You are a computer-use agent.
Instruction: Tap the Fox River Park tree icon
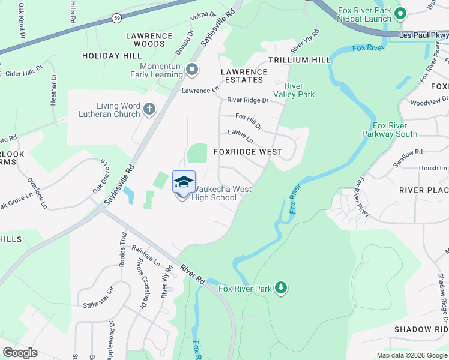pos(280,289)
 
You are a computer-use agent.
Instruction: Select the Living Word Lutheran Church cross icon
pos(149,109)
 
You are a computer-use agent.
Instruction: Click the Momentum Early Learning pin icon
pos(192,70)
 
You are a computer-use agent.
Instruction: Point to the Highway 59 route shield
pos(116,20)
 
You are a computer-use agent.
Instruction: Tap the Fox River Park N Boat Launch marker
pos(400,13)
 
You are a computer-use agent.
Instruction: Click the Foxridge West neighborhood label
pos(248,152)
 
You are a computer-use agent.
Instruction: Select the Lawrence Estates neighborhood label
pos(243,76)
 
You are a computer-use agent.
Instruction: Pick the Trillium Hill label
pos(299,61)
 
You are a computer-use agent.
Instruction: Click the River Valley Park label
pos(294,90)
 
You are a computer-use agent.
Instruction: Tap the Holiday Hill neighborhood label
pos(112,56)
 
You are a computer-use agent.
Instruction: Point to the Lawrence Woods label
pos(149,40)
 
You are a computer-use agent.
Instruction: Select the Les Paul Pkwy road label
pos(423,35)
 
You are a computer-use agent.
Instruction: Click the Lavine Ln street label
pos(240,136)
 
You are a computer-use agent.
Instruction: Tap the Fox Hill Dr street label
pos(249,121)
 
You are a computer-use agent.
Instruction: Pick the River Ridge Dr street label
pos(247,101)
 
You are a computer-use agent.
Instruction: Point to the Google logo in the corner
pos(20,353)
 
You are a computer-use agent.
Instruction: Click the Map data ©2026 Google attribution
pos(412,355)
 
